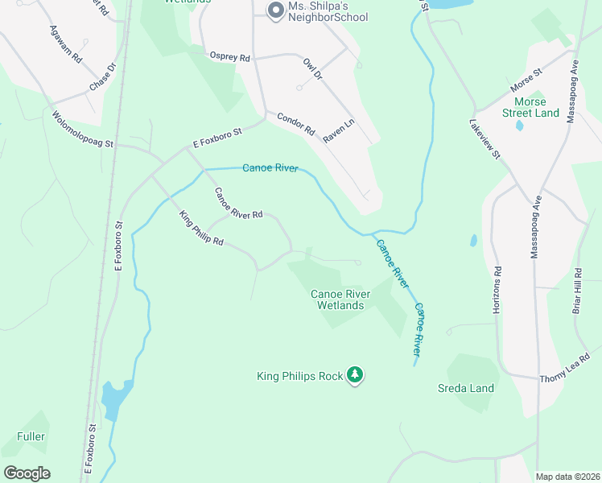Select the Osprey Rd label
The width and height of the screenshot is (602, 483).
coord(230,57)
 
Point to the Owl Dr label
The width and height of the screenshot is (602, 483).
coord(312,69)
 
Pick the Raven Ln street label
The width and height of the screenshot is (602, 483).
coord(339,131)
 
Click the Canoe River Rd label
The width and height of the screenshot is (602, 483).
coord(237,204)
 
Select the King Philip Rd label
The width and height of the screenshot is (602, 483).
coord(200,229)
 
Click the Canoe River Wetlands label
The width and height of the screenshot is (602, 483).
coord(348,299)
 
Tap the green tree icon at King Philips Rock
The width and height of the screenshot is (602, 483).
coord(355,375)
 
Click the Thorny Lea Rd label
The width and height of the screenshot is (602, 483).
coord(565,367)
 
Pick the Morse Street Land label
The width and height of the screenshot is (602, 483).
coord(530,107)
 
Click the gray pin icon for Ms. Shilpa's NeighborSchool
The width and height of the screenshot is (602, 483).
coord(275,10)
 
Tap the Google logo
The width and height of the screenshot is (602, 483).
coord(27,473)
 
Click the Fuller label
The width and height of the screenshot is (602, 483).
coord(31,436)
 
